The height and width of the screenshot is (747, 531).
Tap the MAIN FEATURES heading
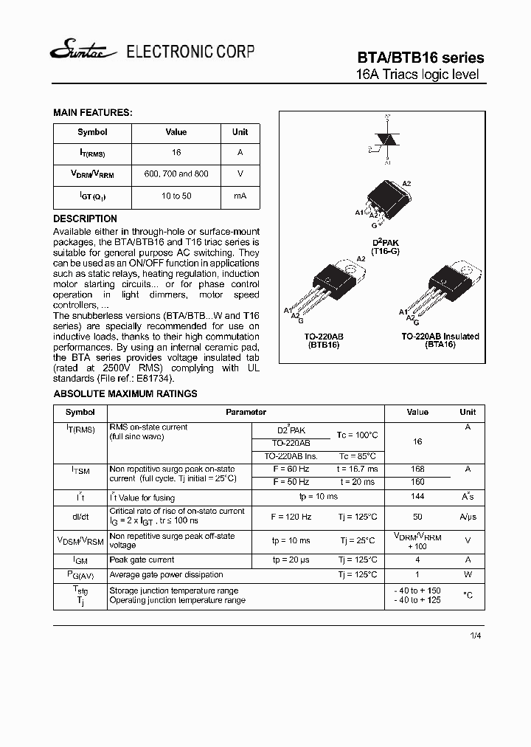[x=92, y=113]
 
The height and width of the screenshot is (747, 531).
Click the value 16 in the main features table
[x=176, y=153]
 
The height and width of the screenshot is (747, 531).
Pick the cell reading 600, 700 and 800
[x=176, y=173]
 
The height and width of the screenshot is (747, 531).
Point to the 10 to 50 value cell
[x=176, y=196]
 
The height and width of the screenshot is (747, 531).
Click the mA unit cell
[x=240, y=196]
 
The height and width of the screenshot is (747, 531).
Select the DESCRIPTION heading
[x=85, y=218]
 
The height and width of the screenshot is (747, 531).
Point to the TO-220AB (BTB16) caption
[x=323, y=340]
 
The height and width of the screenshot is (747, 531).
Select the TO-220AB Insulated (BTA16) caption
[x=440, y=340]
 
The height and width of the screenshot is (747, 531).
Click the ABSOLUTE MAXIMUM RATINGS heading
[x=125, y=393]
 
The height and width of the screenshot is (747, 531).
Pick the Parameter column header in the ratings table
[x=246, y=412]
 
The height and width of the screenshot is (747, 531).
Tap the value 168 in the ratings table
[x=417, y=469]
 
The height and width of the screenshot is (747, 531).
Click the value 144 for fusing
[x=417, y=497]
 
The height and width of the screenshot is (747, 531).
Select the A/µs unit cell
[x=468, y=517]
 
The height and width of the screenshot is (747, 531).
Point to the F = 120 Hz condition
[x=291, y=517]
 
